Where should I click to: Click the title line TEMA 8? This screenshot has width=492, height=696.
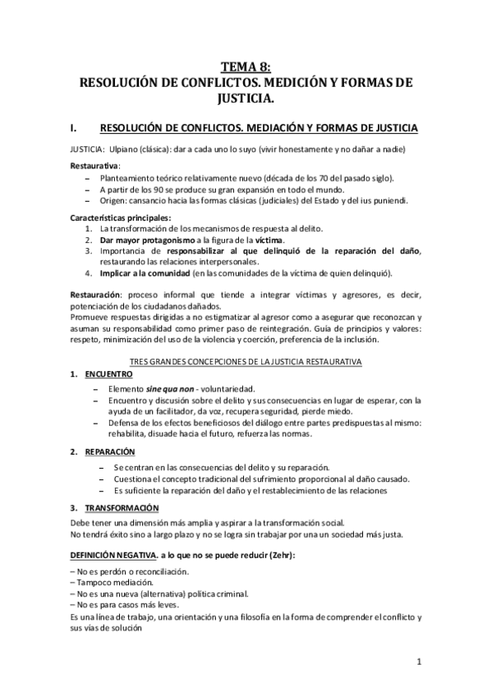point(246,68)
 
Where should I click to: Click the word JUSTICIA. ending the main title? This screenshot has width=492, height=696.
point(246,99)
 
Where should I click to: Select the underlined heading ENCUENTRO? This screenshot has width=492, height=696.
point(112,374)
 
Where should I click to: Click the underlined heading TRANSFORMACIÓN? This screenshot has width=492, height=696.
point(122,507)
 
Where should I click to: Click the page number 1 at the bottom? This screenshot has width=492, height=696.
point(419,662)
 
